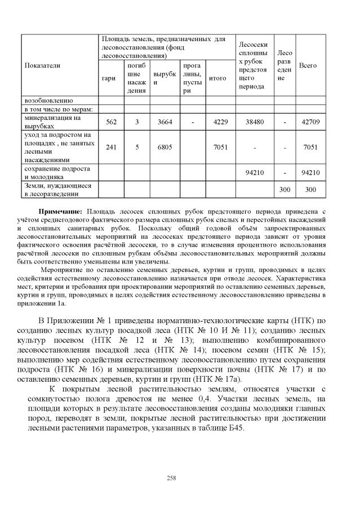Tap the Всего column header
pyautogui.click(x=308, y=65)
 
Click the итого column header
pyautogui.click(x=217, y=78)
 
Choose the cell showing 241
pyautogui.click(x=111, y=147)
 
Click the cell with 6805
pyautogui.click(x=164, y=147)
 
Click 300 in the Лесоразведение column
pyautogui.click(x=285, y=190)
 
